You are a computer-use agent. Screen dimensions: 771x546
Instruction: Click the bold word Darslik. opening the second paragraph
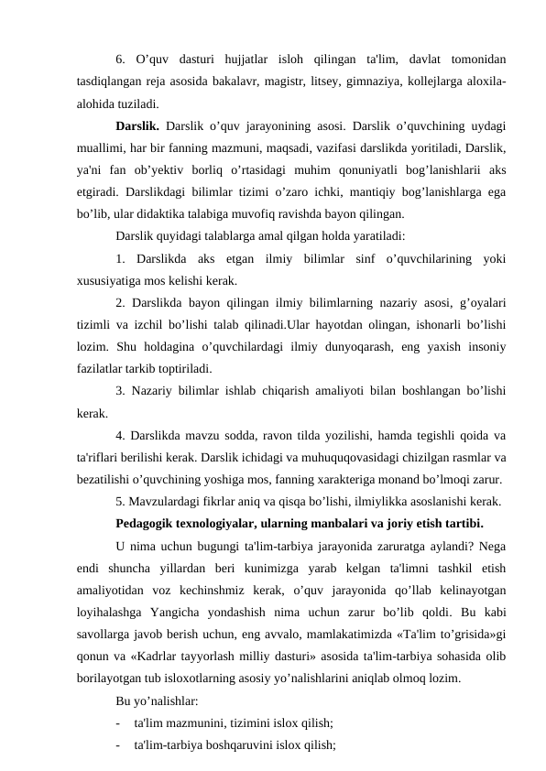tap(137, 127)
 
